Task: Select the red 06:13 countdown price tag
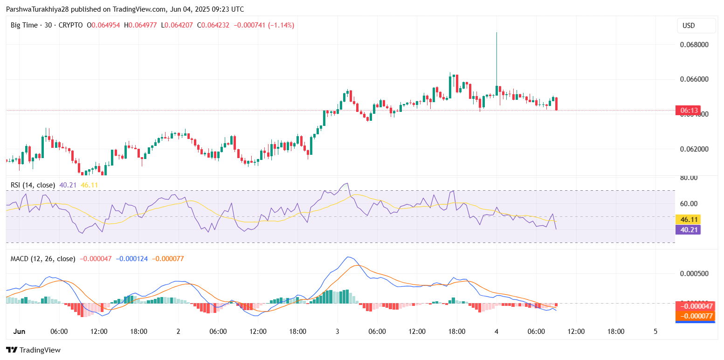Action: tap(688, 111)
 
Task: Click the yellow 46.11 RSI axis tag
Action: tap(688, 219)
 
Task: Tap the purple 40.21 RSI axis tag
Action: tap(688, 229)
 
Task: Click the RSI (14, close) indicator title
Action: tap(33, 185)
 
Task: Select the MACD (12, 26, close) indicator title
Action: tap(43, 258)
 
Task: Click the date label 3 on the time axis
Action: tap(338, 332)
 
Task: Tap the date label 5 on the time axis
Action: tap(655, 332)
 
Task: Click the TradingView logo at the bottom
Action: tap(33, 350)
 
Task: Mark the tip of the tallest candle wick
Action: tap(497, 33)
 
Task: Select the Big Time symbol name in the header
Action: tap(23, 25)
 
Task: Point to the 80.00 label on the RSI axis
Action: tap(688, 178)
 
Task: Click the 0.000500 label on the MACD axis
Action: tap(692, 274)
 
